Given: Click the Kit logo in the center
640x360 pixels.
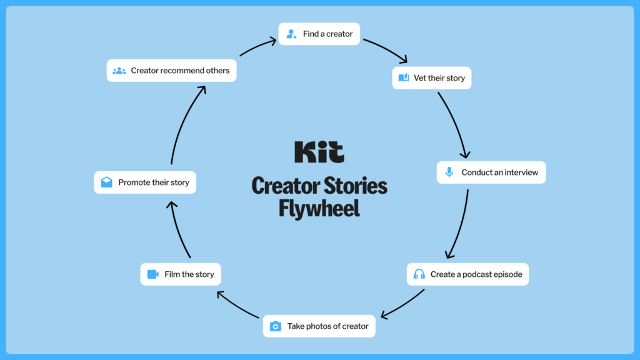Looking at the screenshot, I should (x=319, y=152).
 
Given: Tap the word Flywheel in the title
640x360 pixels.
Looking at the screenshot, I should (x=319, y=208).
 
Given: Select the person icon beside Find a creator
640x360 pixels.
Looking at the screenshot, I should (x=291, y=34).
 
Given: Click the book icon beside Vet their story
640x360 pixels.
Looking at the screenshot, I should (x=404, y=78).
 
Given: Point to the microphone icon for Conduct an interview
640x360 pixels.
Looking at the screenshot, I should (x=449, y=172).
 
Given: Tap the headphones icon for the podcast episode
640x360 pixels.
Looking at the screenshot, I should (x=419, y=274).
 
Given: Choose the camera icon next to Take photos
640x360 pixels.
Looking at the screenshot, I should (x=276, y=326).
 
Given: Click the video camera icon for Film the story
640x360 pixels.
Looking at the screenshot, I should (x=153, y=274).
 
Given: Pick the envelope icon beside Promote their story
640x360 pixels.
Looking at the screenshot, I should (x=107, y=182).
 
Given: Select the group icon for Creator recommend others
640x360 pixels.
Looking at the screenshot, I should (x=119, y=71).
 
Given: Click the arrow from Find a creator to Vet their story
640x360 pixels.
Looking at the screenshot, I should (x=385, y=50).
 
